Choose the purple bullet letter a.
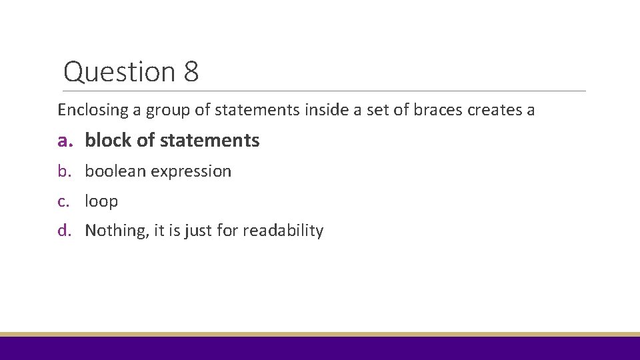coord(64,141)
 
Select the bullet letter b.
coord(63,171)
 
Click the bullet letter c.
coord(63,201)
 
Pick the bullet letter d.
coord(63,231)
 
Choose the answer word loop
coord(101,201)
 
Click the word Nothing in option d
coord(111,231)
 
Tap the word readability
coord(283,231)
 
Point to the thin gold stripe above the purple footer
coord(320,334)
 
